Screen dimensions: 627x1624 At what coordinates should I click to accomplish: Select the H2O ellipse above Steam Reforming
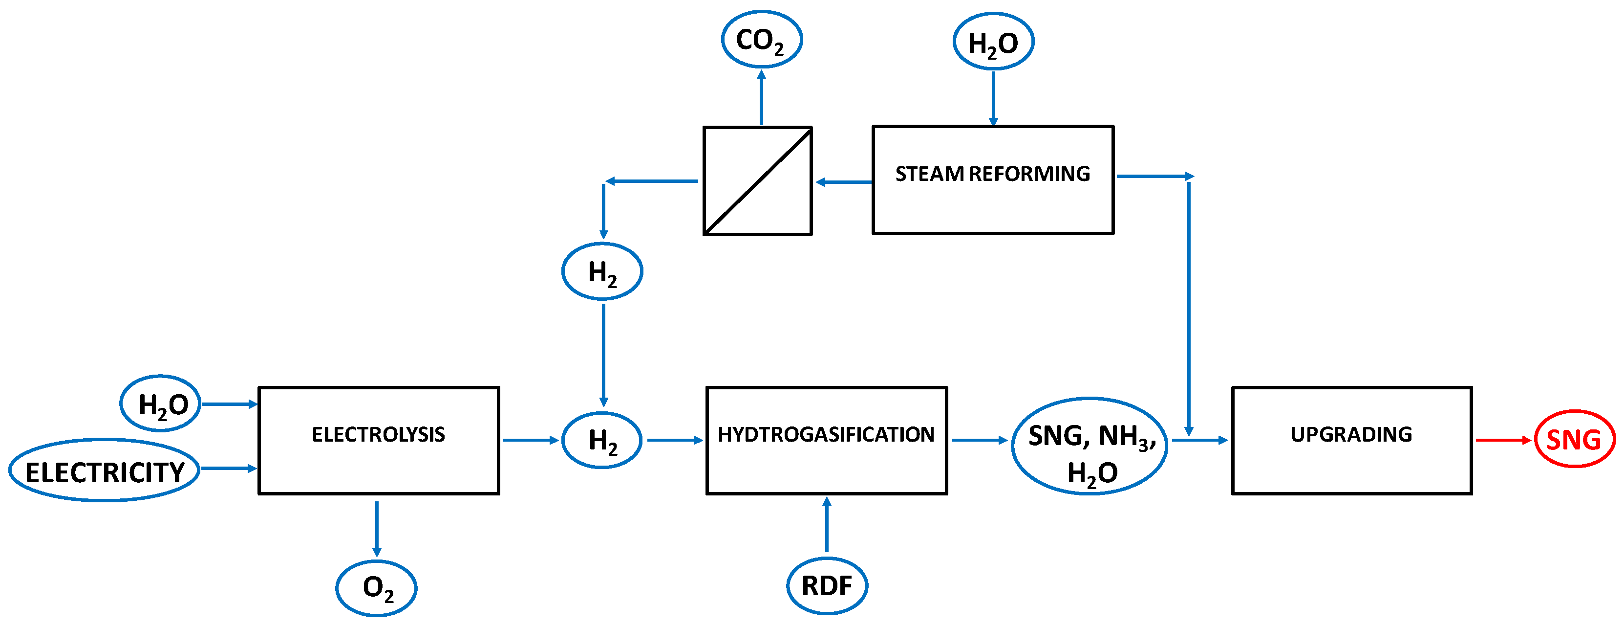point(993,42)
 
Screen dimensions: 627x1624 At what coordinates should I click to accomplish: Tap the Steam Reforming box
point(992,180)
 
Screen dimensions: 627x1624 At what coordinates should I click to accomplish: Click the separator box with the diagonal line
point(757,181)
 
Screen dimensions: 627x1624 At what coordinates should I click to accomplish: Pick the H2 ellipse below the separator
point(602,271)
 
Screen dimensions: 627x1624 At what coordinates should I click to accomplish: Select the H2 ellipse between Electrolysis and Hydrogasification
point(602,440)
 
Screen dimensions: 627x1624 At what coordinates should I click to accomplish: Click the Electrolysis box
point(378,440)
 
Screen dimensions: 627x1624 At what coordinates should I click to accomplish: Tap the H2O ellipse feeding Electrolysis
point(161,403)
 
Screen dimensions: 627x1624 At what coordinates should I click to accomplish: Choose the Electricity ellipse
point(105,470)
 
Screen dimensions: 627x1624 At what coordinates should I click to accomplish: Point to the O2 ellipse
point(376,588)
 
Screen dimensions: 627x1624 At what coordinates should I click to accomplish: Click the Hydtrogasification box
point(826,440)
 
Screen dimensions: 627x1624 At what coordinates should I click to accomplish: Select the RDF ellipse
point(827,586)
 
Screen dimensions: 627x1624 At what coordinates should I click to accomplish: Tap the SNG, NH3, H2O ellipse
point(1090,446)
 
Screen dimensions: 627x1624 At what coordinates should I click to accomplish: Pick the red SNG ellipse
point(1574,439)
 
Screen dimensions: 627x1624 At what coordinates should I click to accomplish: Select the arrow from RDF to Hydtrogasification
point(827,525)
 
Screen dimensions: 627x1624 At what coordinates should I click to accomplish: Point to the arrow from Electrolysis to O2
point(377,528)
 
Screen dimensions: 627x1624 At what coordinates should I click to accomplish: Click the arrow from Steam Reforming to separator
point(844,182)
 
